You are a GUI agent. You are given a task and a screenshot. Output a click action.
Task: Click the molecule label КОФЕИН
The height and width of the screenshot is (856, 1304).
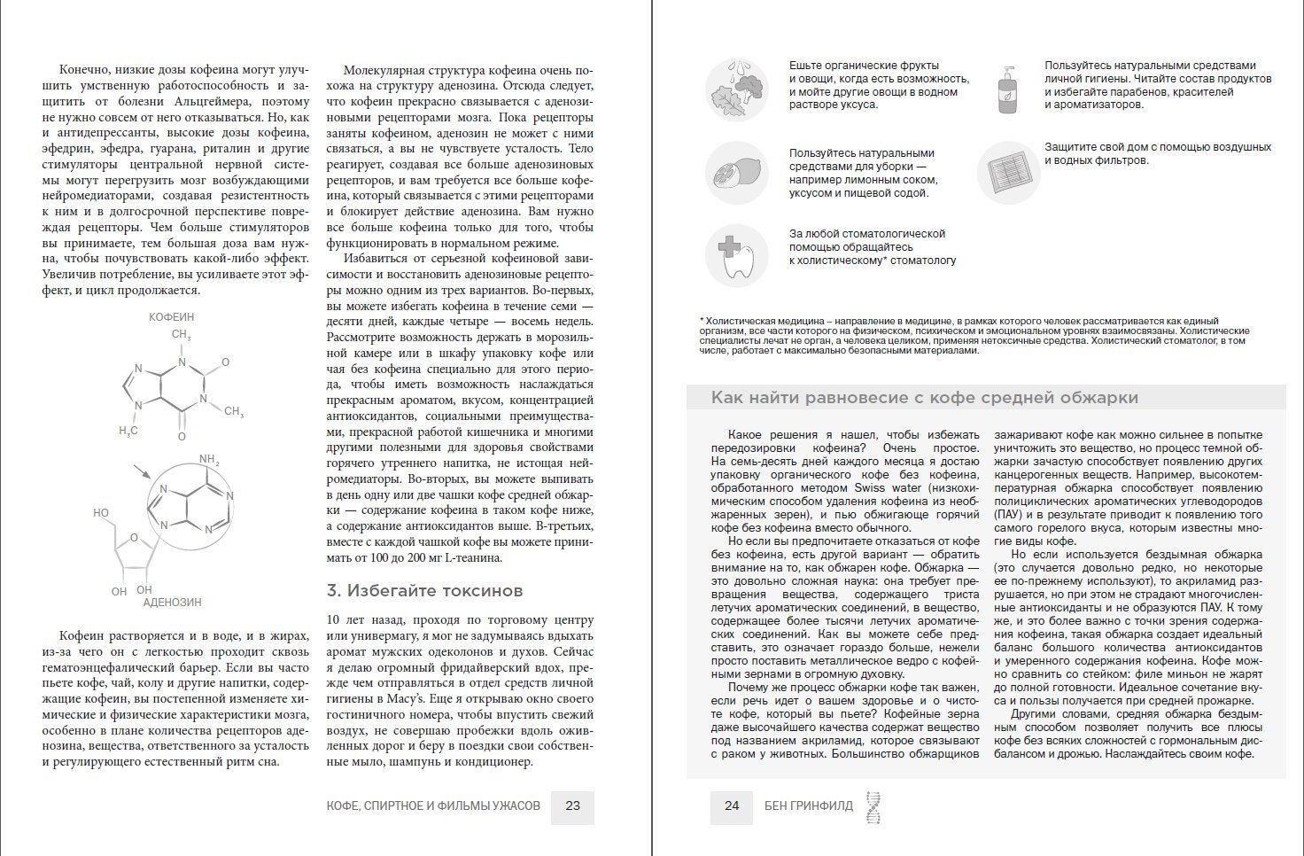tap(171, 316)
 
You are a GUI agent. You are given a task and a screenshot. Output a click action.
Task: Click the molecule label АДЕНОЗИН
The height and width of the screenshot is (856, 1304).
tap(172, 603)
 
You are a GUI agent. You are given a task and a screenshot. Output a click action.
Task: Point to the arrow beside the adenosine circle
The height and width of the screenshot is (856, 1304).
tap(141, 472)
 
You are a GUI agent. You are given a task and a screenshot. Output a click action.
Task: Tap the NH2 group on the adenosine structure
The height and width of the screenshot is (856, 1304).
tap(209, 460)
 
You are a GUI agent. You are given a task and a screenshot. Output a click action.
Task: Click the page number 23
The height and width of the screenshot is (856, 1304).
tap(572, 806)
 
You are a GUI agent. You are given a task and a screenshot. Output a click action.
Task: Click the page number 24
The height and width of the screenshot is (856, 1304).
tap(731, 806)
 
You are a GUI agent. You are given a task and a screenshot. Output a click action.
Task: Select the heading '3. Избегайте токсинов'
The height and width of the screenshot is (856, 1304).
tap(424, 591)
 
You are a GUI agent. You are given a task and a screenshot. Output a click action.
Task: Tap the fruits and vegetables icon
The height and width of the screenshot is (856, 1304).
tap(735, 89)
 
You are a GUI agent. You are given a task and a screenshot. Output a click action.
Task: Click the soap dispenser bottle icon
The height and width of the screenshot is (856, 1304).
tap(1007, 89)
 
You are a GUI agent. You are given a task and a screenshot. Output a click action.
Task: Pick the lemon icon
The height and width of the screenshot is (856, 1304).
tap(735, 173)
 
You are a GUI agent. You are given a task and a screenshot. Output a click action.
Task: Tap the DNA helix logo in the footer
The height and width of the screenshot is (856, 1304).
tap(873, 806)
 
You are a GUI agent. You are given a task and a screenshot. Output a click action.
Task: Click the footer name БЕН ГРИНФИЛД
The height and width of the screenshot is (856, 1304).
tap(808, 806)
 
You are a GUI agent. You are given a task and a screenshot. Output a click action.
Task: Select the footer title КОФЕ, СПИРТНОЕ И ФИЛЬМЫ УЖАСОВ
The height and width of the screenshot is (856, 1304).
tap(432, 806)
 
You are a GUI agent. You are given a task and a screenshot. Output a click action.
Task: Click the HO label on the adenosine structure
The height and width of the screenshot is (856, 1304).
tap(101, 513)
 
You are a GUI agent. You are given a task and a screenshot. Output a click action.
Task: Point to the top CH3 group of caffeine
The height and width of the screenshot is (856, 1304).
tap(182, 335)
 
